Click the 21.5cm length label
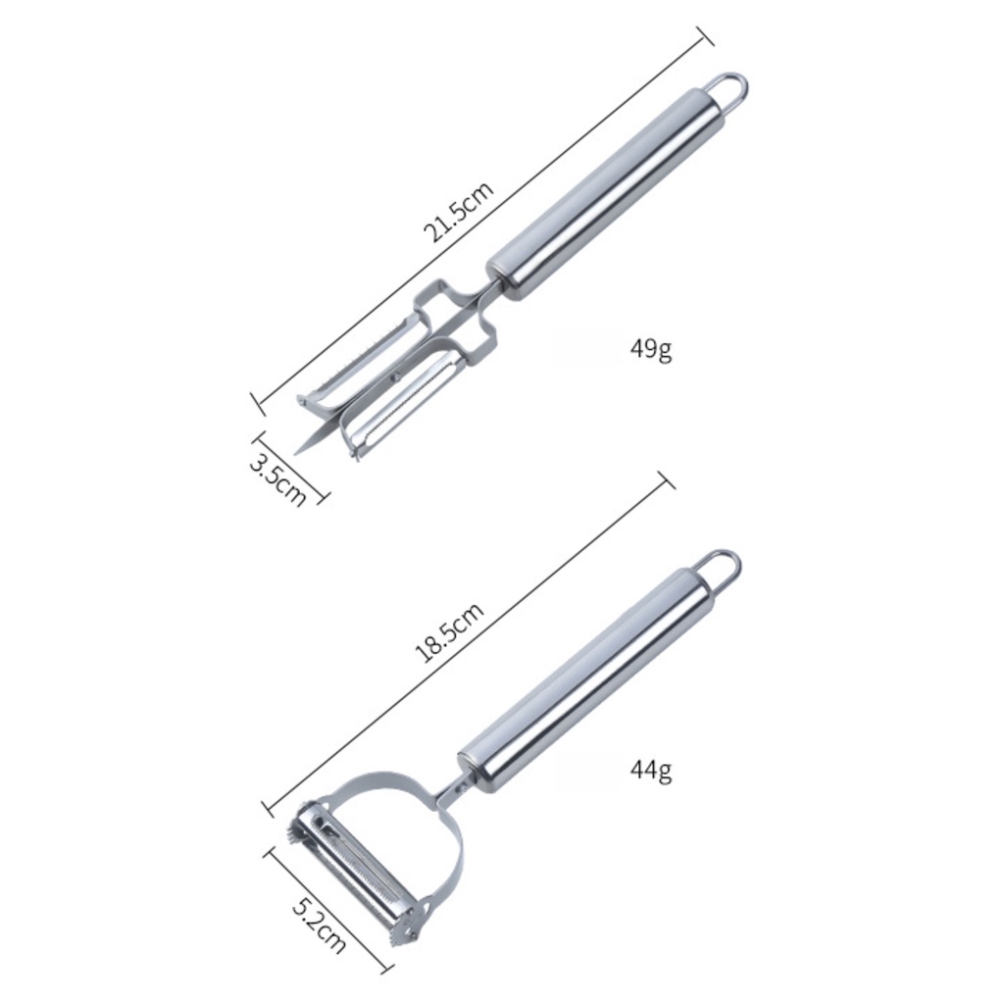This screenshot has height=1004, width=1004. pyautogui.click(x=459, y=212)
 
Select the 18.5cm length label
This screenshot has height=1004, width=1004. pyautogui.click(x=449, y=631)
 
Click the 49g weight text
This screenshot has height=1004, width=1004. pyautogui.click(x=651, y=349)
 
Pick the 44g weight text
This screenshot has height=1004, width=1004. pyautogui.click(x=651, y=769)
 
